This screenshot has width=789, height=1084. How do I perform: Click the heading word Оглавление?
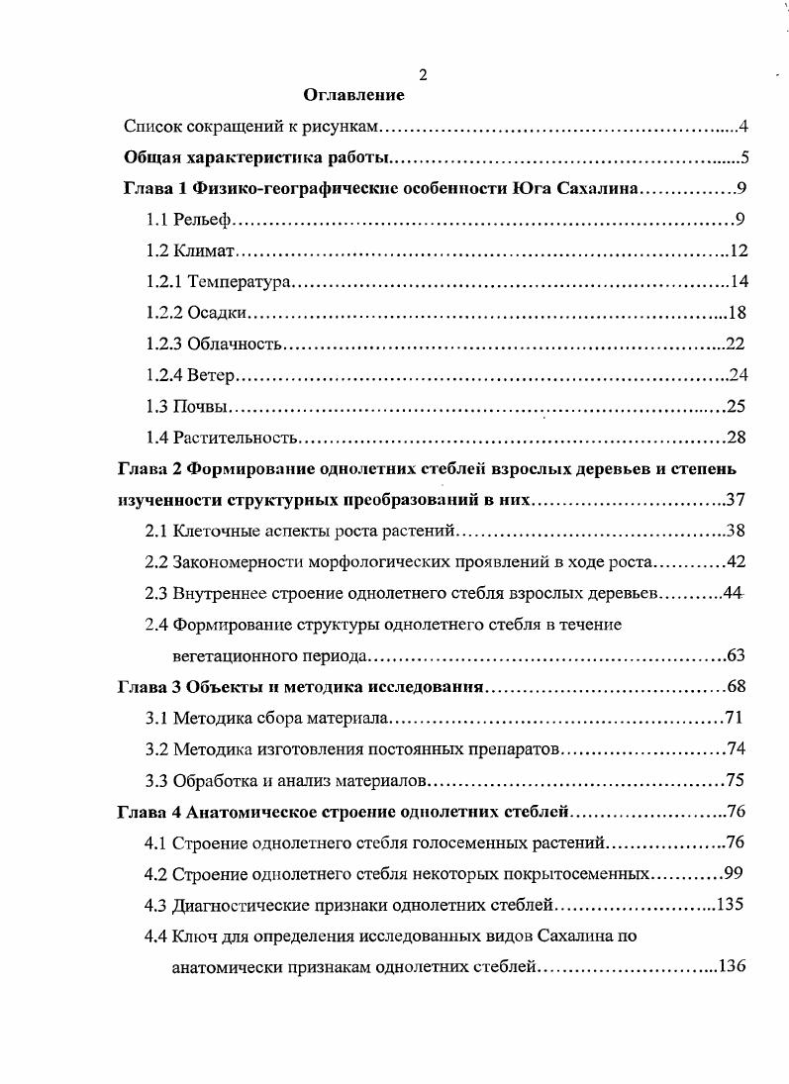353,95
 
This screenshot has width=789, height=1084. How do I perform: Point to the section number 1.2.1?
163,283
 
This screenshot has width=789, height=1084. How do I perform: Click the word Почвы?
202,406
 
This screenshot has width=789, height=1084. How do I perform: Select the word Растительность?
236,437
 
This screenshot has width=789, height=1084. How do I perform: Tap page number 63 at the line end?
735,655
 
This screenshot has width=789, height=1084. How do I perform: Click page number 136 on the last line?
730,966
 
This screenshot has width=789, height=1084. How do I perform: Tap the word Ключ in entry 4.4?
193,936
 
